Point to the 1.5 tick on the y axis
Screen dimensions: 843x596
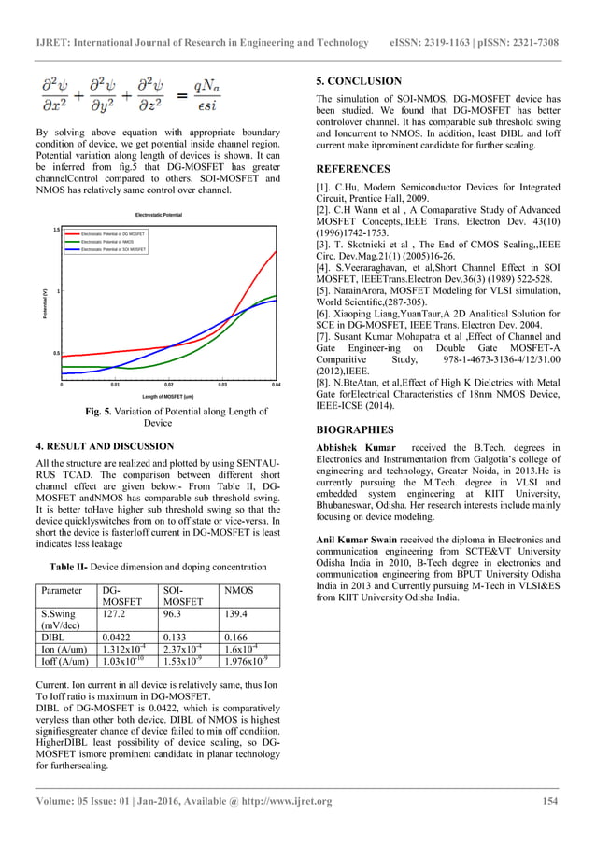click(x=56, y=229)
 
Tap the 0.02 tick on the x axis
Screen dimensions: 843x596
click(x=168, y=385)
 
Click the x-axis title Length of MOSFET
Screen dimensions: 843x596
click(x=167, y=397)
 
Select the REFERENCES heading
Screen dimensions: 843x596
click(x=353, y=169)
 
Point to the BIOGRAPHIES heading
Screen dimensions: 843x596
click(x=355, y=429)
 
